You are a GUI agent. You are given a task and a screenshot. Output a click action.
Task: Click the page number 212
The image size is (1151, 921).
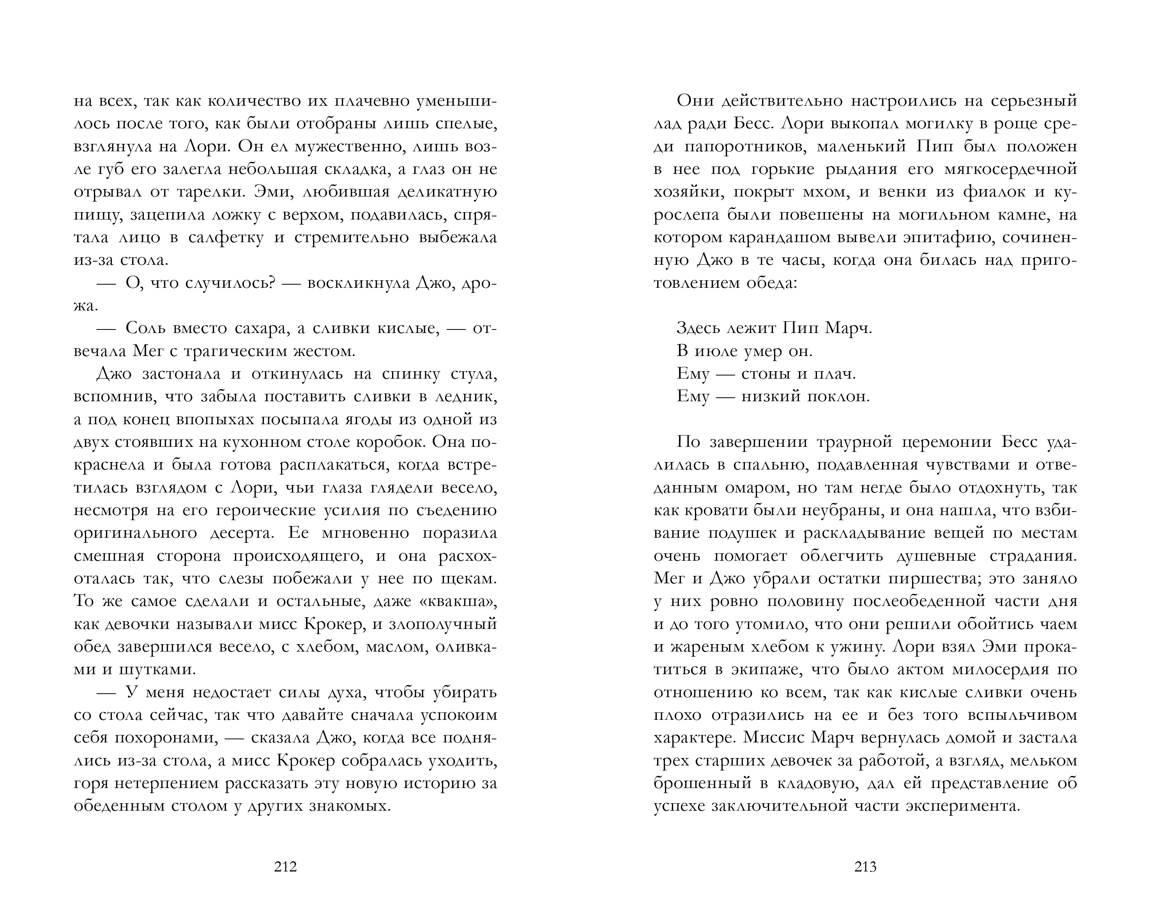tap(285, 866)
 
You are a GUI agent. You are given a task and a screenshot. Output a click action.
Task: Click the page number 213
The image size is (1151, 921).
tap(865, 866)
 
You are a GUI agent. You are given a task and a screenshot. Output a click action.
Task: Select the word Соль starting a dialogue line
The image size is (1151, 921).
tap(148, 328)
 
